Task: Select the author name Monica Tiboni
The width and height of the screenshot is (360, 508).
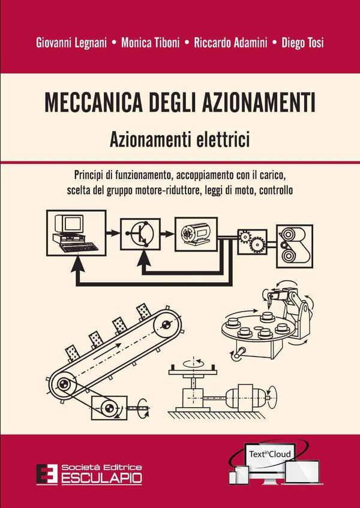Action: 149,43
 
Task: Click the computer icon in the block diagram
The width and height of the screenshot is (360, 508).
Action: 76,232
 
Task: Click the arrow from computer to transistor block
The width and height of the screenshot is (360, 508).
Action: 113,231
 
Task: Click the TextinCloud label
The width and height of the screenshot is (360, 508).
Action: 275,454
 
